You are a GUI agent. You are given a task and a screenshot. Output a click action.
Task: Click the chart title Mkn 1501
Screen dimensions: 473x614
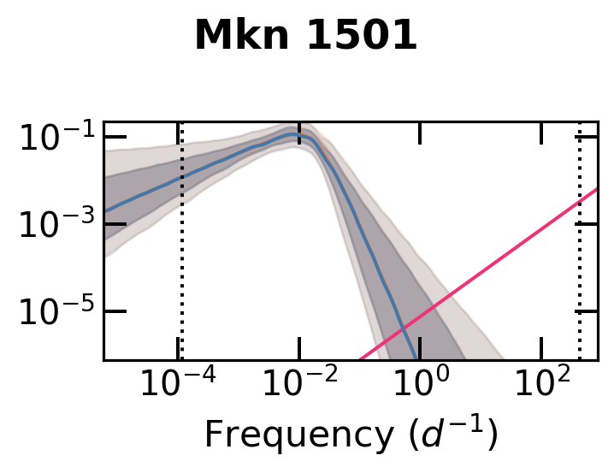(x=305, y=36)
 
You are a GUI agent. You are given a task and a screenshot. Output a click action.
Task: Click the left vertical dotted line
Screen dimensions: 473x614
(x=180, y=257)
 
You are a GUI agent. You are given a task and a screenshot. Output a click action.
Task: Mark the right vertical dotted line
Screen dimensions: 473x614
(x=580, y=257)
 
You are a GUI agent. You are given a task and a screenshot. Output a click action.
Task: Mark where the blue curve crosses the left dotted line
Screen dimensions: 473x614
(x=180, y=179)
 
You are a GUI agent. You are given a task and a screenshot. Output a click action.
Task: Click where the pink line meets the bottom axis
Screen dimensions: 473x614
(x=358, y=359)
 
